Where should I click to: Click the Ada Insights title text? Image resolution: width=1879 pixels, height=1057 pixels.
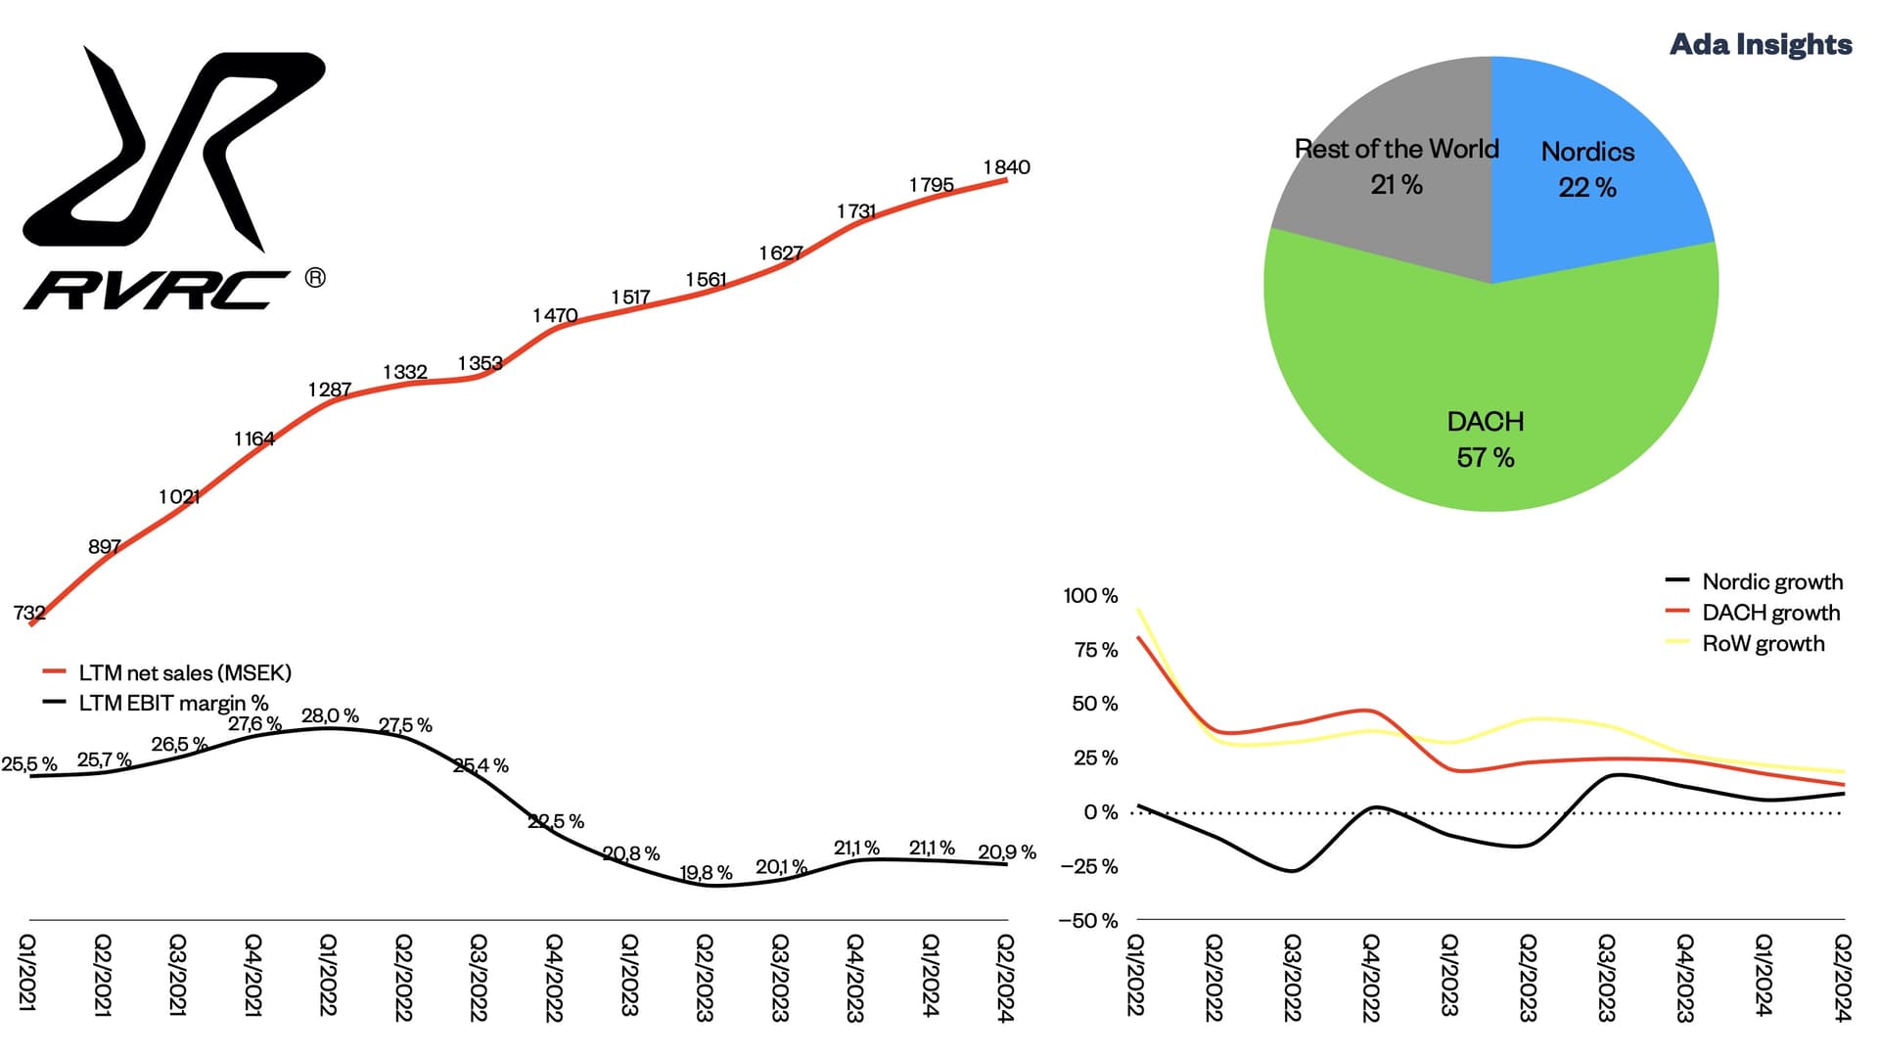1760,44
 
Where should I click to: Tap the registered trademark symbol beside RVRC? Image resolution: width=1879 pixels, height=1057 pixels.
315,278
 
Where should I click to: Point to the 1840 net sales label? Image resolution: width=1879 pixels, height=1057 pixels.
1006,167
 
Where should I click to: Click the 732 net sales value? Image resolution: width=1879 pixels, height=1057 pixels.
29,613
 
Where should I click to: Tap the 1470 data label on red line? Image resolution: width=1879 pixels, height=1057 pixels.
555,315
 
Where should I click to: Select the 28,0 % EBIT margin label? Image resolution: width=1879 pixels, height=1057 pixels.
330,715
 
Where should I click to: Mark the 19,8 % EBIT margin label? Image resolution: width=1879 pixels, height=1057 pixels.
706,872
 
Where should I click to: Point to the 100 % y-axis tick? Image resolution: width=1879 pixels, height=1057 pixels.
1090,595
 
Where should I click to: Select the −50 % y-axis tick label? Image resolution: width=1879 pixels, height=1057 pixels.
1087,920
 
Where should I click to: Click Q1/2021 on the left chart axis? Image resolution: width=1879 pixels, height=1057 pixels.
27,973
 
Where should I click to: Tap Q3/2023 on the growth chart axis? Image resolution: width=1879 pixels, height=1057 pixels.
1606,977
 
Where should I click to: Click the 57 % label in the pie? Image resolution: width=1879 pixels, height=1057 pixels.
1485,457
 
